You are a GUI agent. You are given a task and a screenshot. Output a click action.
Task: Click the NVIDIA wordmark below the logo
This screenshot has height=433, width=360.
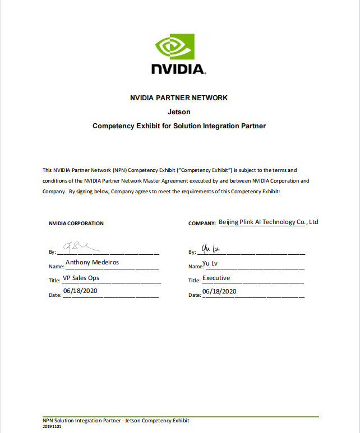pyautogui.click(x=179, y=69)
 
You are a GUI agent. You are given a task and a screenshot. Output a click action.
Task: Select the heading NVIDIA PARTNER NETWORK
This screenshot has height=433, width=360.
pyautogui.click(x=179, y=97)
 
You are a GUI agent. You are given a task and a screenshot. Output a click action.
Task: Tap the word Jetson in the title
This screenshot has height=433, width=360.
pyautogui.click(x=179, y=112)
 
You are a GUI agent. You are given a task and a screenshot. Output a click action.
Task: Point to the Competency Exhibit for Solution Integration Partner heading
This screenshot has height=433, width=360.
pyautogui.click(x=179, y=126)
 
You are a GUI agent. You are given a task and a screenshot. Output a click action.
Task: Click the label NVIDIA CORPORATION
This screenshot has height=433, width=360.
pyautogui.click(x=76, y=223)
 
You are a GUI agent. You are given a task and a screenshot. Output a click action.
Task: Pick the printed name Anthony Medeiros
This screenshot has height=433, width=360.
pyautogui.click(x=92, y=262)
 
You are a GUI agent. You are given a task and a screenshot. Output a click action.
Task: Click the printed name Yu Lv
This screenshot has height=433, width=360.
pyautogui.click(x=210, y=262)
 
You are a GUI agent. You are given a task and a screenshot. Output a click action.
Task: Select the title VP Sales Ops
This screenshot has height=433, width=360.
pyautogui.click(x=82, y=277)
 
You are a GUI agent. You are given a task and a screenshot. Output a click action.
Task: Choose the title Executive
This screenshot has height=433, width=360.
pyautogui.click(x=216, y=278)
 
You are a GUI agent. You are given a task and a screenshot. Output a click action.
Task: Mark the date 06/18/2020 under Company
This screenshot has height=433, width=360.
pyautogui.click(x=219, y=291)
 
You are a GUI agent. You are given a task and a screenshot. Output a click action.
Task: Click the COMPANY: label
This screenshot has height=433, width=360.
pyautogui.click(x=202, y=224)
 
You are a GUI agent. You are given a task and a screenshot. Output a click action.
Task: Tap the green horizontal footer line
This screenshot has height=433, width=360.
pyautogui.click(x=180, y=416)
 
